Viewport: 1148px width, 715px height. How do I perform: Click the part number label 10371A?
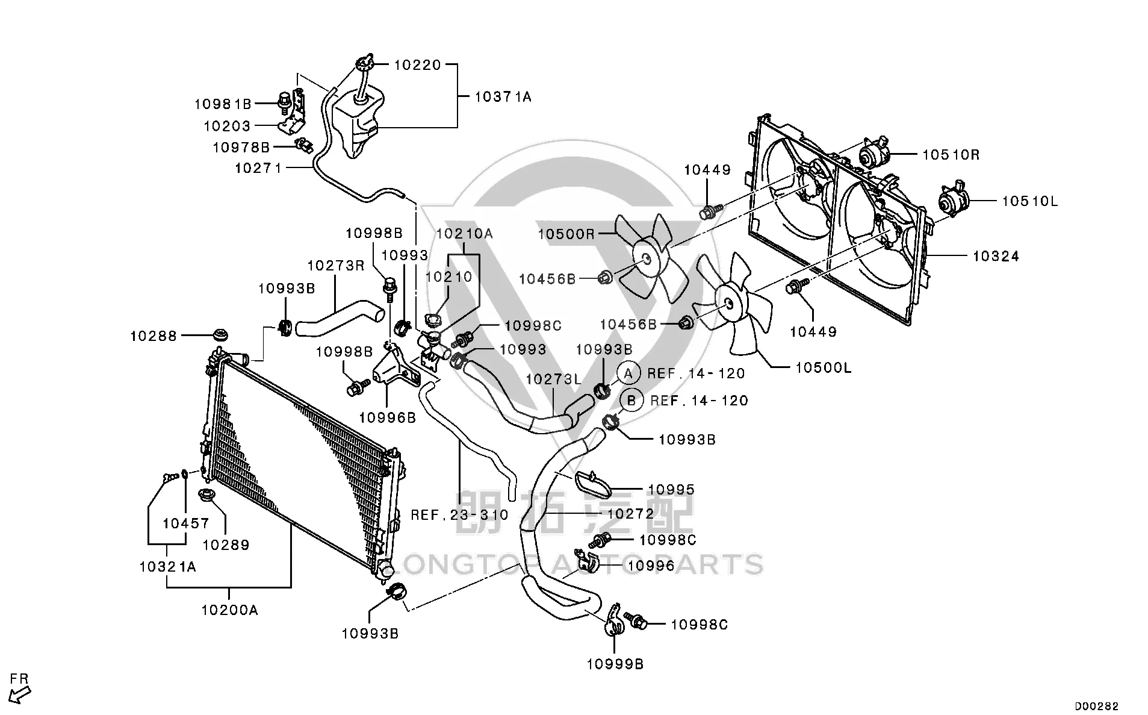503,96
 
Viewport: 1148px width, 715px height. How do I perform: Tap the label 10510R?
951,155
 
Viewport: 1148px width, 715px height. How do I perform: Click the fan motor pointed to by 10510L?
952,201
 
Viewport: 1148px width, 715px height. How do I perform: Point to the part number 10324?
996,257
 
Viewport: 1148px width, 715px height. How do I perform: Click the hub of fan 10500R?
645,259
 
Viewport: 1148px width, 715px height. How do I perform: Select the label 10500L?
824,368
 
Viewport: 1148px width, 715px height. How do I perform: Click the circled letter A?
628,373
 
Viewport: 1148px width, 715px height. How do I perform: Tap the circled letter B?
631,401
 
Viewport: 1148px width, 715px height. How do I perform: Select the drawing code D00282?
1097,706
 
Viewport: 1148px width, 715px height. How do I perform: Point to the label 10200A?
229,610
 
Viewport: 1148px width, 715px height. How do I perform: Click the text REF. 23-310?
459,515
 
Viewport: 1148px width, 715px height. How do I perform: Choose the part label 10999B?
615,664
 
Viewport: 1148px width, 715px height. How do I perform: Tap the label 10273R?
336,266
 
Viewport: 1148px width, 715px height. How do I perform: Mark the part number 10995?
671,490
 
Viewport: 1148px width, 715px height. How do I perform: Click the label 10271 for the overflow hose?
258,168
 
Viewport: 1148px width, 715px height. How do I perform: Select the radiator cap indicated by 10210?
433,320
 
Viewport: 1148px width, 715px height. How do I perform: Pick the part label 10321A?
167,567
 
